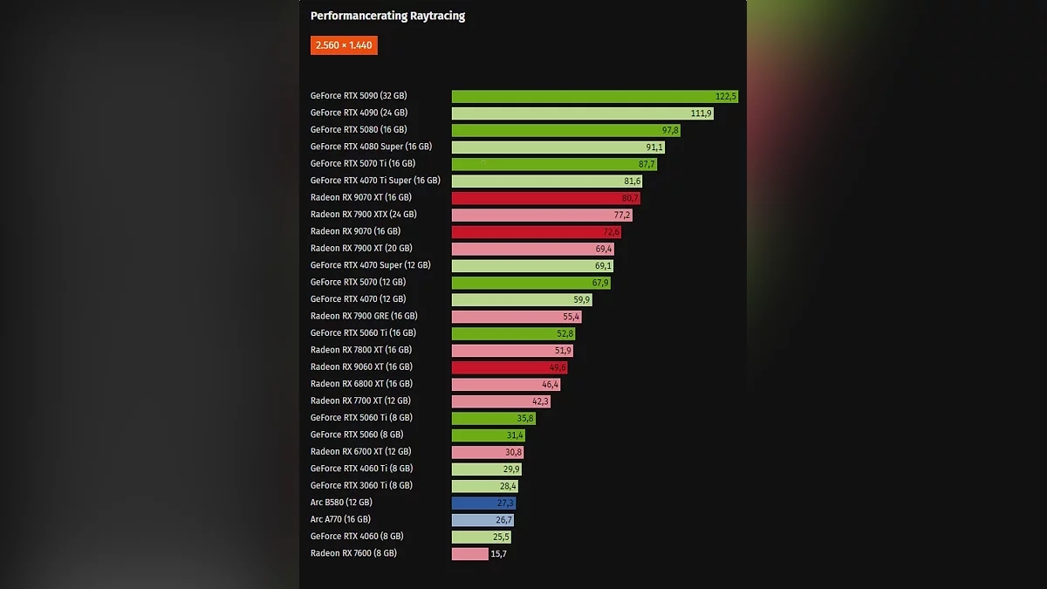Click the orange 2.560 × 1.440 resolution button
click(344, 45)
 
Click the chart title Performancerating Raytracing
click(387, 16)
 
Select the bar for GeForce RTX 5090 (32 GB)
click(594, 96)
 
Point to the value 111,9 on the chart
click(701, 113)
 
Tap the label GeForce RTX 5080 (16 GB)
click(359, 130)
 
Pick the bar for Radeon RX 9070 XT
click(545, 198)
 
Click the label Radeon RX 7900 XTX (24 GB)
click(363, 215)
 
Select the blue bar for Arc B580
click(483, 503)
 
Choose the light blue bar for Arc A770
click(482, 520)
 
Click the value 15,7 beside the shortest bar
click(499, 554)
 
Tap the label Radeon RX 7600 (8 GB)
click(353, 553)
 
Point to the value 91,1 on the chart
click(654, 147)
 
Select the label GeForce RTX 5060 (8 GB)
click(356, 435)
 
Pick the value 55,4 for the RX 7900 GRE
click(571, 317)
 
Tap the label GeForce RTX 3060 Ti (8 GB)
click(361, 485)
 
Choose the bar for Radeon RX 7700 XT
click(501, 401)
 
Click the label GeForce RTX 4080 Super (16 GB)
click(371, 147)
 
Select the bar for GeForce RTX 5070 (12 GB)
click(530, 283)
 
